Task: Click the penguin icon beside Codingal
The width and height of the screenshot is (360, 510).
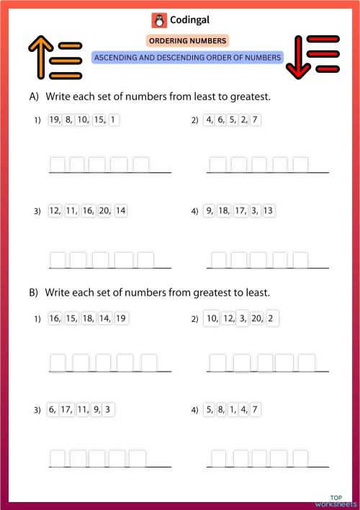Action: coord(158,20)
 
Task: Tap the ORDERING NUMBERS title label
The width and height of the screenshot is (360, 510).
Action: coord(187,41)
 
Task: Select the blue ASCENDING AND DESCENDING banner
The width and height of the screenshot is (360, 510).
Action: coord(187,57)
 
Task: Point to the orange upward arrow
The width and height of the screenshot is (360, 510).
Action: coord(36,58)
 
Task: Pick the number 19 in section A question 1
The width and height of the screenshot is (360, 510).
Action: coord(55,120)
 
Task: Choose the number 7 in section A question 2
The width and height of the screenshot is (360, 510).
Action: coord(256,120)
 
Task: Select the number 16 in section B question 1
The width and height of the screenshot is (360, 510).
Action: coord(55,318)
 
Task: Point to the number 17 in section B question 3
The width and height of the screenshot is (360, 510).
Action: coord(66,410)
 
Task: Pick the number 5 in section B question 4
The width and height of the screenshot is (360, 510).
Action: coord(210,410)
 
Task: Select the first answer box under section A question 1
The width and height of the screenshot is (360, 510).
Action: coord(58,164)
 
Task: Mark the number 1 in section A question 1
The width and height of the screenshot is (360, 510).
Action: coord(113,120)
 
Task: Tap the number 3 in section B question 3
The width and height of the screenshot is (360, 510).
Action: coord(107,410)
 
